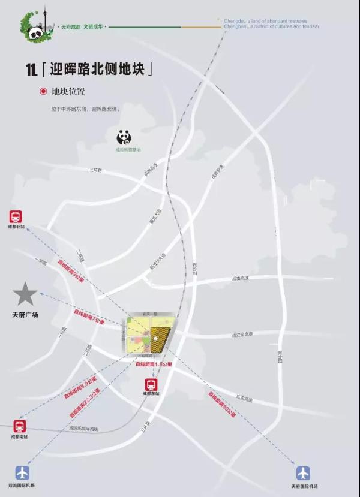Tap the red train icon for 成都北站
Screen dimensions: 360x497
pyautogui.click(x=16, y=217)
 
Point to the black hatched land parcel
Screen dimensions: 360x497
pyautogui.click(x=160, y=338)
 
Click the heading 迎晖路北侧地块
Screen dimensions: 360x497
pyautogui.click(x=100, y=68)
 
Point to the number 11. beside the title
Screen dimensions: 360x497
pyautogui.click(x=32, y=70)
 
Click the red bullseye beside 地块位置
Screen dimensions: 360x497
pyautogui.click(x=43, y=92)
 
